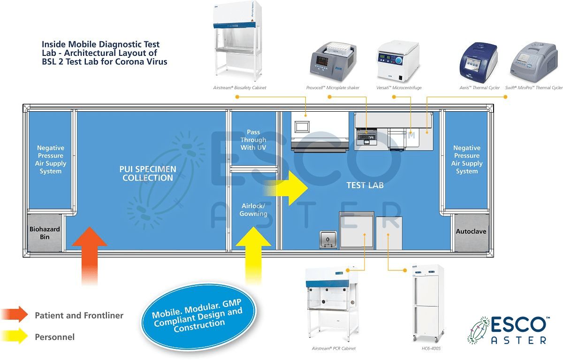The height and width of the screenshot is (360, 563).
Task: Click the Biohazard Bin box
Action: click(45, 232)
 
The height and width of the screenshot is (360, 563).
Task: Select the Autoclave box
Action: click(472, 232)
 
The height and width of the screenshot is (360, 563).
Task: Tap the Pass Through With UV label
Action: click(253, 140)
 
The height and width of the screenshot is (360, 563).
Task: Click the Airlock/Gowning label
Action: click(253, 210)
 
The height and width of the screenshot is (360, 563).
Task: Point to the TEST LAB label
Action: click(365, 185)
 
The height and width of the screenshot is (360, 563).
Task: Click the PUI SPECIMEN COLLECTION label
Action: click(148, 174)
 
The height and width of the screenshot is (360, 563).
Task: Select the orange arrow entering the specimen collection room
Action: click(90, 256)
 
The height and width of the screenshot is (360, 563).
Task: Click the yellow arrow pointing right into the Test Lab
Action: click(286, 188)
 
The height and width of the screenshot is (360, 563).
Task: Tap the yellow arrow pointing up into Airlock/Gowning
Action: click(253, 255)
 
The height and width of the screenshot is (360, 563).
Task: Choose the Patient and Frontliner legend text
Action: click(79, 315)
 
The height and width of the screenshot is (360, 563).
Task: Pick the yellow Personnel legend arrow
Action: click(15, 336)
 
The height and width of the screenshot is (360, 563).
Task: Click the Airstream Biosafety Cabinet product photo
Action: click(237, 41)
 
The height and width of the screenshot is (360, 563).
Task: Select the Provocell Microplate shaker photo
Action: click(334, 61)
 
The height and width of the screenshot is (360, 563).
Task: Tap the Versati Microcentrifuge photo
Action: click(398, 61)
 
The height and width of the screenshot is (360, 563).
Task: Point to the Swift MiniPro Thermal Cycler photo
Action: click(534, 62)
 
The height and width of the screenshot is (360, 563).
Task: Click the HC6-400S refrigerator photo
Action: click(428, 303)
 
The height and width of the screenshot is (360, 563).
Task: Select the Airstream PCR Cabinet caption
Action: click(334, 348)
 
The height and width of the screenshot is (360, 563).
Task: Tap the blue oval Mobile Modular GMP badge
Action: click(198, 316)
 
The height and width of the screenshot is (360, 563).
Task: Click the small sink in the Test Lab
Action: click(328, 239)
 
